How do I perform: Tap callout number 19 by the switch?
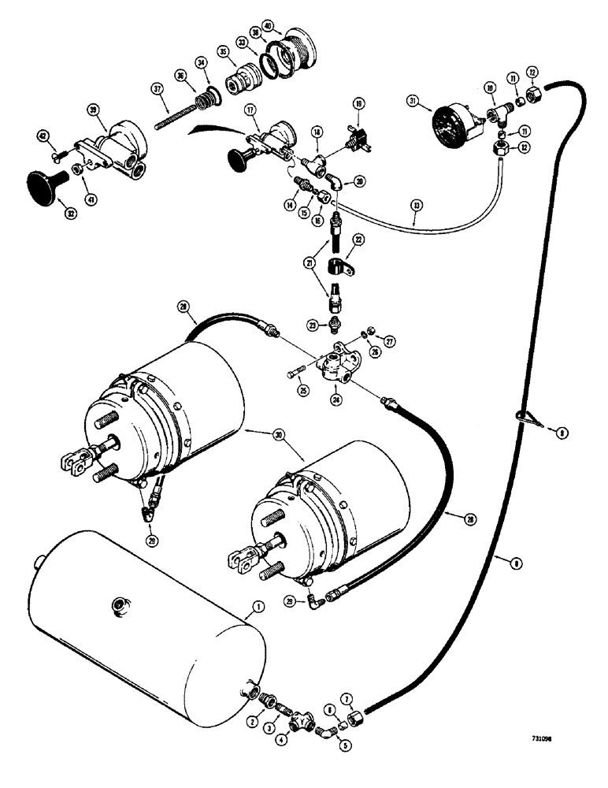click(x=358, y=102)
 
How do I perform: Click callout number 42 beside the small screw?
click(x=43, y=136)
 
